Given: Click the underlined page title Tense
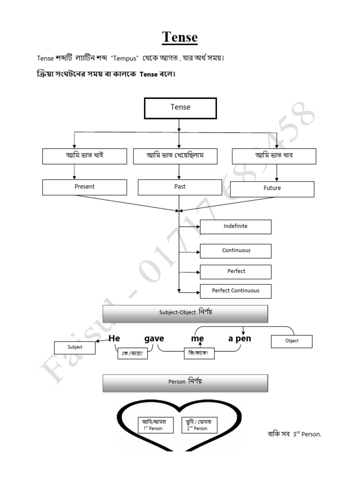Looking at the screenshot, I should coord(180,37).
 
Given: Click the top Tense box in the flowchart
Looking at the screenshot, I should coord(180,108).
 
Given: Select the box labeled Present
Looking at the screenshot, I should coord(84,187).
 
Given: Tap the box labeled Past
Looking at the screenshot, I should coord(180,187).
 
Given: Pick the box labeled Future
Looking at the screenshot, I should coord(272,188).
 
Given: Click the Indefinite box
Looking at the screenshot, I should coord(235,226).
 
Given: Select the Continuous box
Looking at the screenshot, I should coord(235,251).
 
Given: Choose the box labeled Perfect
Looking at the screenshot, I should coord(235,271).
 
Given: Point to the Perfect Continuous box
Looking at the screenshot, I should coord(235,291).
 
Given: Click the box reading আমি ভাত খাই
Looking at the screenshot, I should coord(84,156).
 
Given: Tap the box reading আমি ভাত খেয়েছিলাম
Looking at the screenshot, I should coord(175,156).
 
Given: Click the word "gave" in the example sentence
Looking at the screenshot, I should coord(154,338).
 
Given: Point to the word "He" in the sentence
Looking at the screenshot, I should coord(114,338).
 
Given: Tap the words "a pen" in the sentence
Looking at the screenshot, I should coord(240,338).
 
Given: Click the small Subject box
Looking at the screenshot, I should coord(75,347).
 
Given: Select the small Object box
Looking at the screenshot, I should coord(292,341).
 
